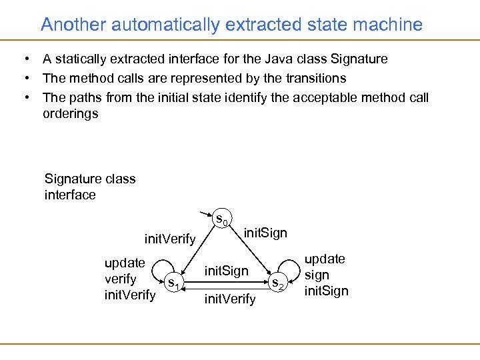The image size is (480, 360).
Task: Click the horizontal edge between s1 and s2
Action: [227, 282]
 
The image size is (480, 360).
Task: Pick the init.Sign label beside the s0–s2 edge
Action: [265, 233]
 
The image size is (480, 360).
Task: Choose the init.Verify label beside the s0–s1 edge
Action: [170, 239]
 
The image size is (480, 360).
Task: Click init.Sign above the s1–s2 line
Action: [226, 271]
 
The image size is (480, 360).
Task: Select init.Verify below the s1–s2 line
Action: [230, 299]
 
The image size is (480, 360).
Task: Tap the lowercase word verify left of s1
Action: [121, 279]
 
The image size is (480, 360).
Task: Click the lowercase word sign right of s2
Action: [317, 275]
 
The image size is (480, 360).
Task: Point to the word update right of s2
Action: [325, 259]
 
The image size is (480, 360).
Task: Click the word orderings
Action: [71, 113]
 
